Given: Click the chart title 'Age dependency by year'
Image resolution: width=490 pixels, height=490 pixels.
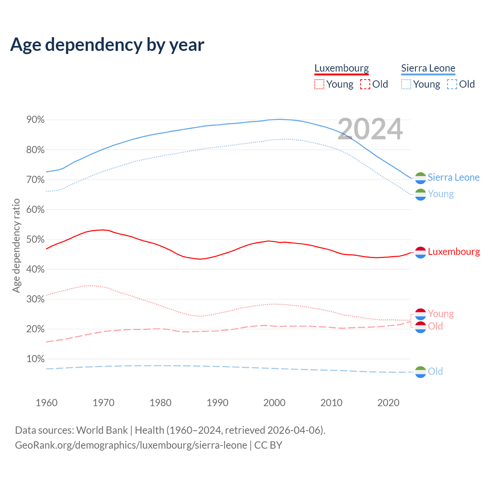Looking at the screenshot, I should click(x=107, y=44).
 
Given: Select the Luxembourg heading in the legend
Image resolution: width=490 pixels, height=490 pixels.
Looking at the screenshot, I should click(x=341, y=68).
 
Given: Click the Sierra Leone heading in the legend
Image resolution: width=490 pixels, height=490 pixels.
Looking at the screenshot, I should click(x=428, y=68).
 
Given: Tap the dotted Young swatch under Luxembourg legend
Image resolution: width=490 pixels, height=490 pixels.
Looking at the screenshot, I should click(x=319, y=84).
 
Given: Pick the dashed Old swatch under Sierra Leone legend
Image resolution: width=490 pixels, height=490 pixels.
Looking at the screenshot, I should click(x=452, y=84).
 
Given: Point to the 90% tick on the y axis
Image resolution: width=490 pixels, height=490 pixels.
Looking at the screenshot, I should click(x=36, y=120).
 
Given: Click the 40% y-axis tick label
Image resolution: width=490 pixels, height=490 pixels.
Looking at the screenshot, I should click(x=36, y=269).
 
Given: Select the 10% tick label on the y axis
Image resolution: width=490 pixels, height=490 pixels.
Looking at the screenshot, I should click(x=36, y=359).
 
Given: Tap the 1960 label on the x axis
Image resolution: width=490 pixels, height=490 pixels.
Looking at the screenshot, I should click(x=46, y=403).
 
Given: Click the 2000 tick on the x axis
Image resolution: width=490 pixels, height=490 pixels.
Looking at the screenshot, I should click(x=274, y=403).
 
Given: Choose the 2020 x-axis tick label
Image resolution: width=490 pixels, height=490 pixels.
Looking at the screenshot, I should click(x=388, y=403).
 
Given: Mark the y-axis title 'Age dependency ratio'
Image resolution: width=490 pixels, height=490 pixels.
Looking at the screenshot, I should click(x=16, y=245).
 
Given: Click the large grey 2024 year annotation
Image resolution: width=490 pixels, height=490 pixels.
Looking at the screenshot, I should click(x=370, y=129).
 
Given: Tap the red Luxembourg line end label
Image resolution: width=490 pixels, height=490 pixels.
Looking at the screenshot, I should click(x=454, y=252).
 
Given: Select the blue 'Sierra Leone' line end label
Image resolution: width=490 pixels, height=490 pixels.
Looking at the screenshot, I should click(x=454, y=177).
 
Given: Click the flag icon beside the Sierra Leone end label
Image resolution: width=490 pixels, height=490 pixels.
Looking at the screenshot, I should click(x=420, y=178).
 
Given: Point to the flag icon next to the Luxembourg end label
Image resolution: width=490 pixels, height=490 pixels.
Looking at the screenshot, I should click(x=420, y=252).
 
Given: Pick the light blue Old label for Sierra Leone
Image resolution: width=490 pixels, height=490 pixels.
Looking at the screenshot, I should click(x=435, y=371).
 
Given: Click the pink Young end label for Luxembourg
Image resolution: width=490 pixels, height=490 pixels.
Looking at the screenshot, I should click(x=441, y=314).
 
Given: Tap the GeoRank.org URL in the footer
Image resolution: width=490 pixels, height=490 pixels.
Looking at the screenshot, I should click(x=131, y=445).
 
